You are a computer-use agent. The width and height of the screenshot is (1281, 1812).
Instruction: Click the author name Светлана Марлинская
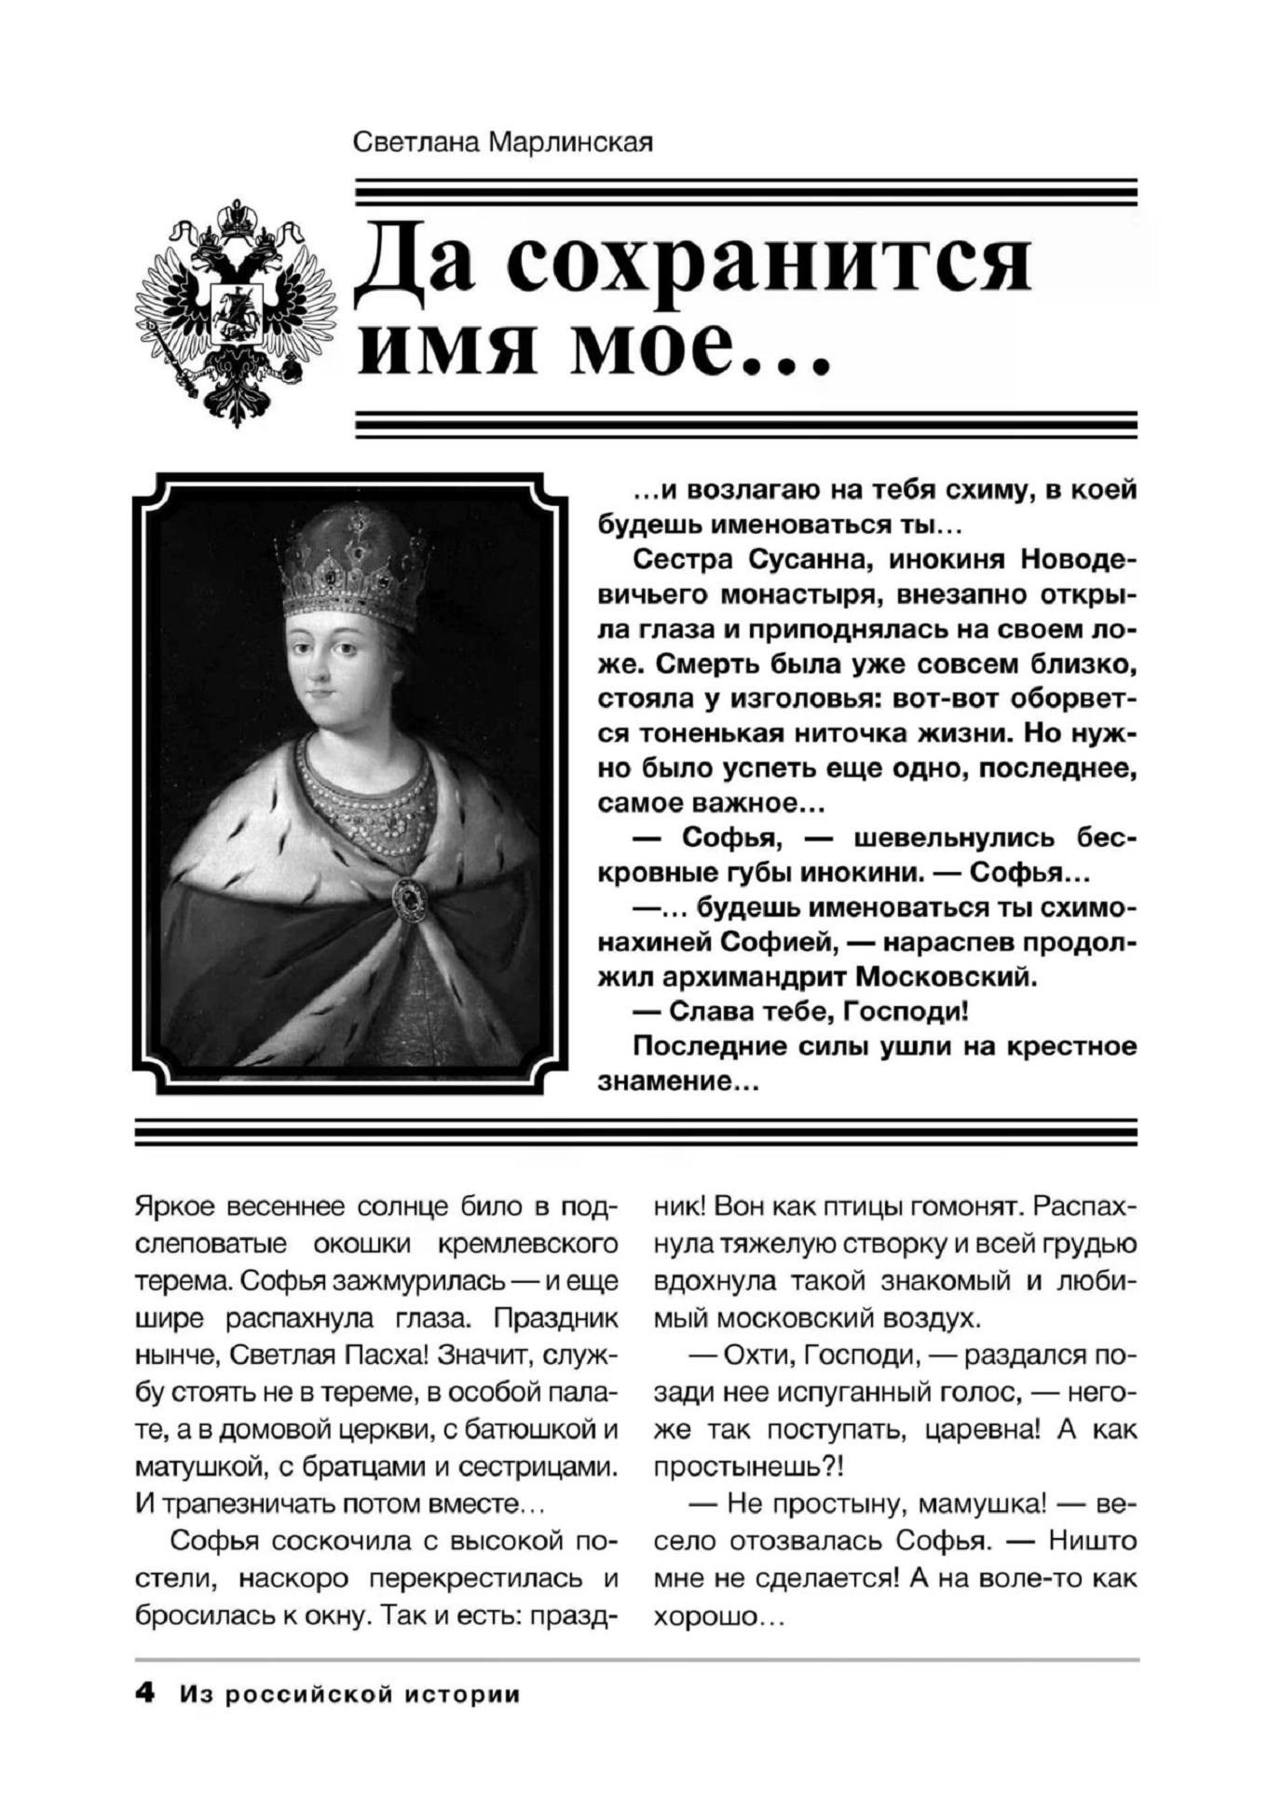point(503,143)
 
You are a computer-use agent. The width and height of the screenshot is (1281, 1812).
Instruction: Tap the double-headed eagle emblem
point(237,312)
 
